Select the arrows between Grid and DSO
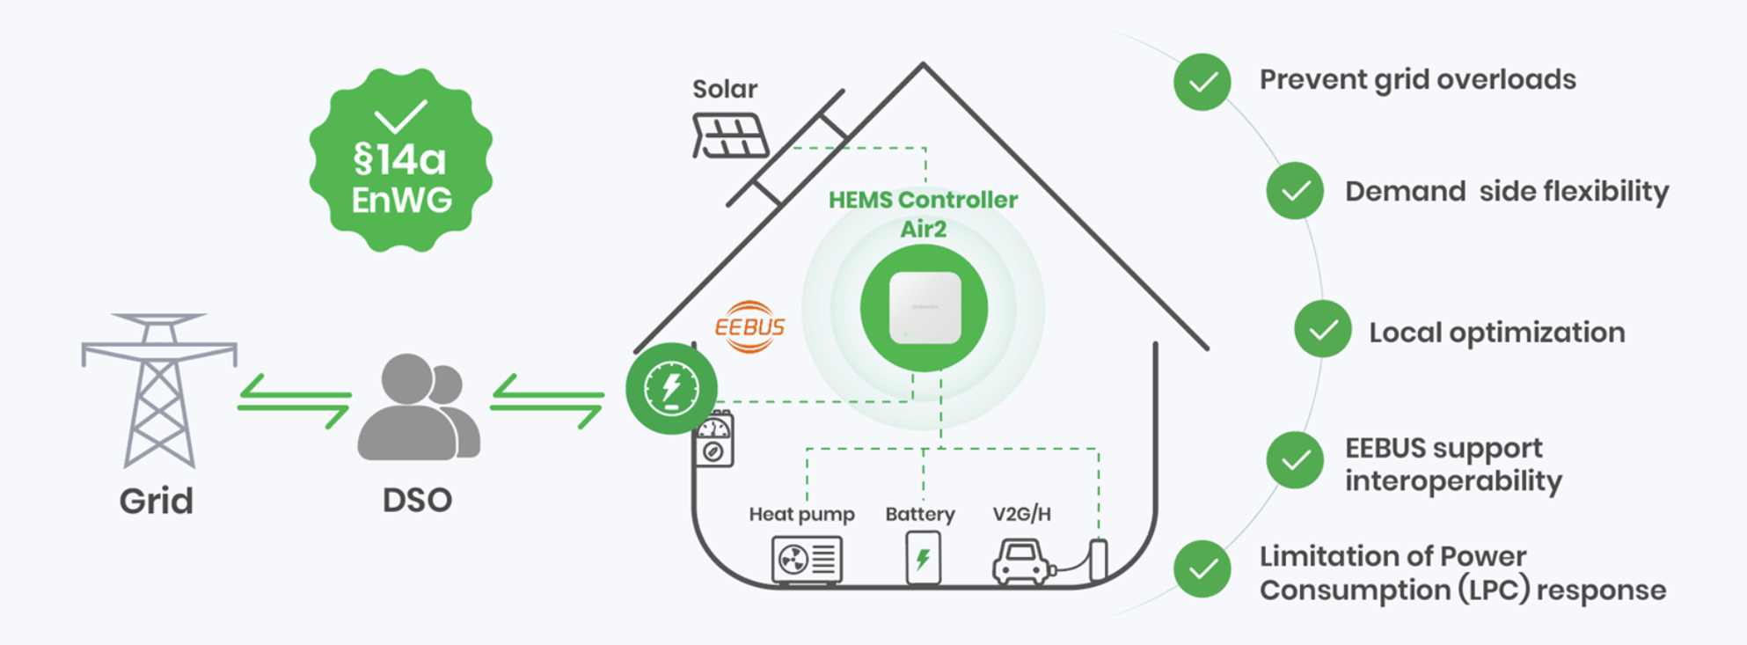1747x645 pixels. click(294, 401)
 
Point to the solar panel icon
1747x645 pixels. click(730, 136)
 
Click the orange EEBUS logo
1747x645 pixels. click(749, 327)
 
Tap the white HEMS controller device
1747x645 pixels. click(924, 308)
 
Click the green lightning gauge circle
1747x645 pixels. click(672, 388)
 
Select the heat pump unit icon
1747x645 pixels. click(807, 560)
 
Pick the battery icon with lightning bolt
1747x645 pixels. click(923, 558)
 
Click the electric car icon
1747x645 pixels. click(1023, 562)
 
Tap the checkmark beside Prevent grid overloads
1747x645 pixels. click(1202, 82)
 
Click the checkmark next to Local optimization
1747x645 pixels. click(1322, 329)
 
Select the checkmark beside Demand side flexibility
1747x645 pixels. click(1295, 191)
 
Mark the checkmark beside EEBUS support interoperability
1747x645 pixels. click(1295, 460)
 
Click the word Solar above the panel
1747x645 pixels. click(725, 89)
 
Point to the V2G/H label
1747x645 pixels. click(1021, 514)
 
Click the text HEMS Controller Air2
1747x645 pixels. click(923, 214)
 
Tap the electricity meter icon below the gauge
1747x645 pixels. click(714, 439)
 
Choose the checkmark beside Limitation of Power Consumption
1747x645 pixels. click(1202, 569)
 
